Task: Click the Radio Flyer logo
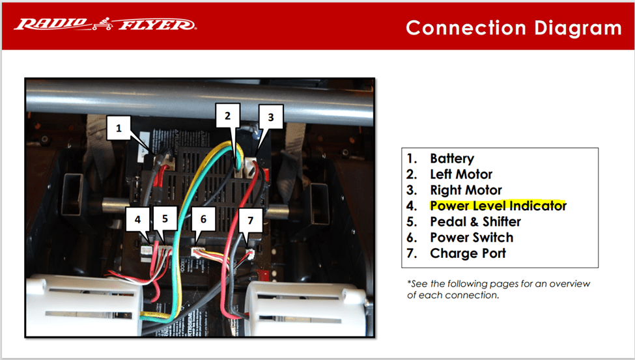(105, 25)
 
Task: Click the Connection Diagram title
(513, 28)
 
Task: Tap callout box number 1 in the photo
(119, 129)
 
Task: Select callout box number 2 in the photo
(227, 116)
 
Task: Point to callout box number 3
(271, 118)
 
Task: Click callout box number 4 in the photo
(137, 219)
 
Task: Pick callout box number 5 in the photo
(165, 219)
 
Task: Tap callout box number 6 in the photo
(203, 220)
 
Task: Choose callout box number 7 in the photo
(250, 220)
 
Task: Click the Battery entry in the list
(451, 159)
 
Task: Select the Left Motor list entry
(461, 174)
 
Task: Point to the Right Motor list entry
(466, 190)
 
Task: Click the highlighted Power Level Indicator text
(498, 206)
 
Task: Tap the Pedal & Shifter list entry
(475, 221)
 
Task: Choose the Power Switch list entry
(472, 238)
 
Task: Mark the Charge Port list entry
(468, 253)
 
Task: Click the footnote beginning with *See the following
(498, 289)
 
